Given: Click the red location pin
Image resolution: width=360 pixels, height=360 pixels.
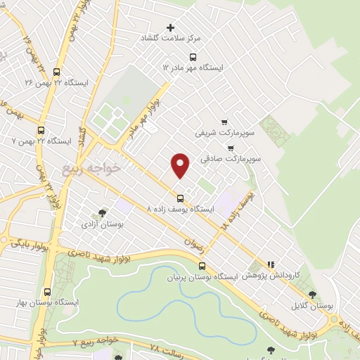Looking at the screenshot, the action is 180,165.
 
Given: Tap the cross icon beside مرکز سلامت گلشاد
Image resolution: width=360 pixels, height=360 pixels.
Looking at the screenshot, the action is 171,28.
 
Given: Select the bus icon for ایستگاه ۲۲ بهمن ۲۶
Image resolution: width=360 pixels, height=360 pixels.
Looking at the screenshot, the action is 56,71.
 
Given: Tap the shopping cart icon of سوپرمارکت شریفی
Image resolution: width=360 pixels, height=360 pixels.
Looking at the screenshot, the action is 224,120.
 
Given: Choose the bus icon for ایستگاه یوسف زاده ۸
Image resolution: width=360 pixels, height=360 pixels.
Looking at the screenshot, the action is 180,198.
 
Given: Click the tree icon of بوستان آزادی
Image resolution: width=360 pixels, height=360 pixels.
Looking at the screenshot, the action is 102,212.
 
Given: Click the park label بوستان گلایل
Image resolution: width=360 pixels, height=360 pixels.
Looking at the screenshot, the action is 312,307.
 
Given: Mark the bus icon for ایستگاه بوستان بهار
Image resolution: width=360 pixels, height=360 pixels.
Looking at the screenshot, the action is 47,291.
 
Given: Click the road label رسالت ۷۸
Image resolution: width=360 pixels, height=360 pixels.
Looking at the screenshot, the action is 169,349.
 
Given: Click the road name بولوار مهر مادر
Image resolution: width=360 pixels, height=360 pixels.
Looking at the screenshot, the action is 143,119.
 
